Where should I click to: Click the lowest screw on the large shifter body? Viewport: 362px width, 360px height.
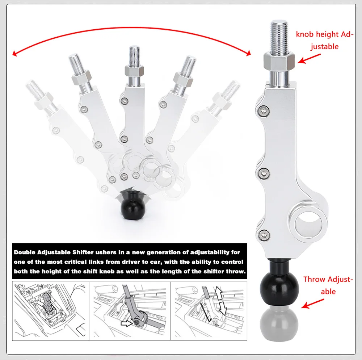(x=263, y=235)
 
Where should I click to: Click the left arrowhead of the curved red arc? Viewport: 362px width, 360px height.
(x=15, y=54)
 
